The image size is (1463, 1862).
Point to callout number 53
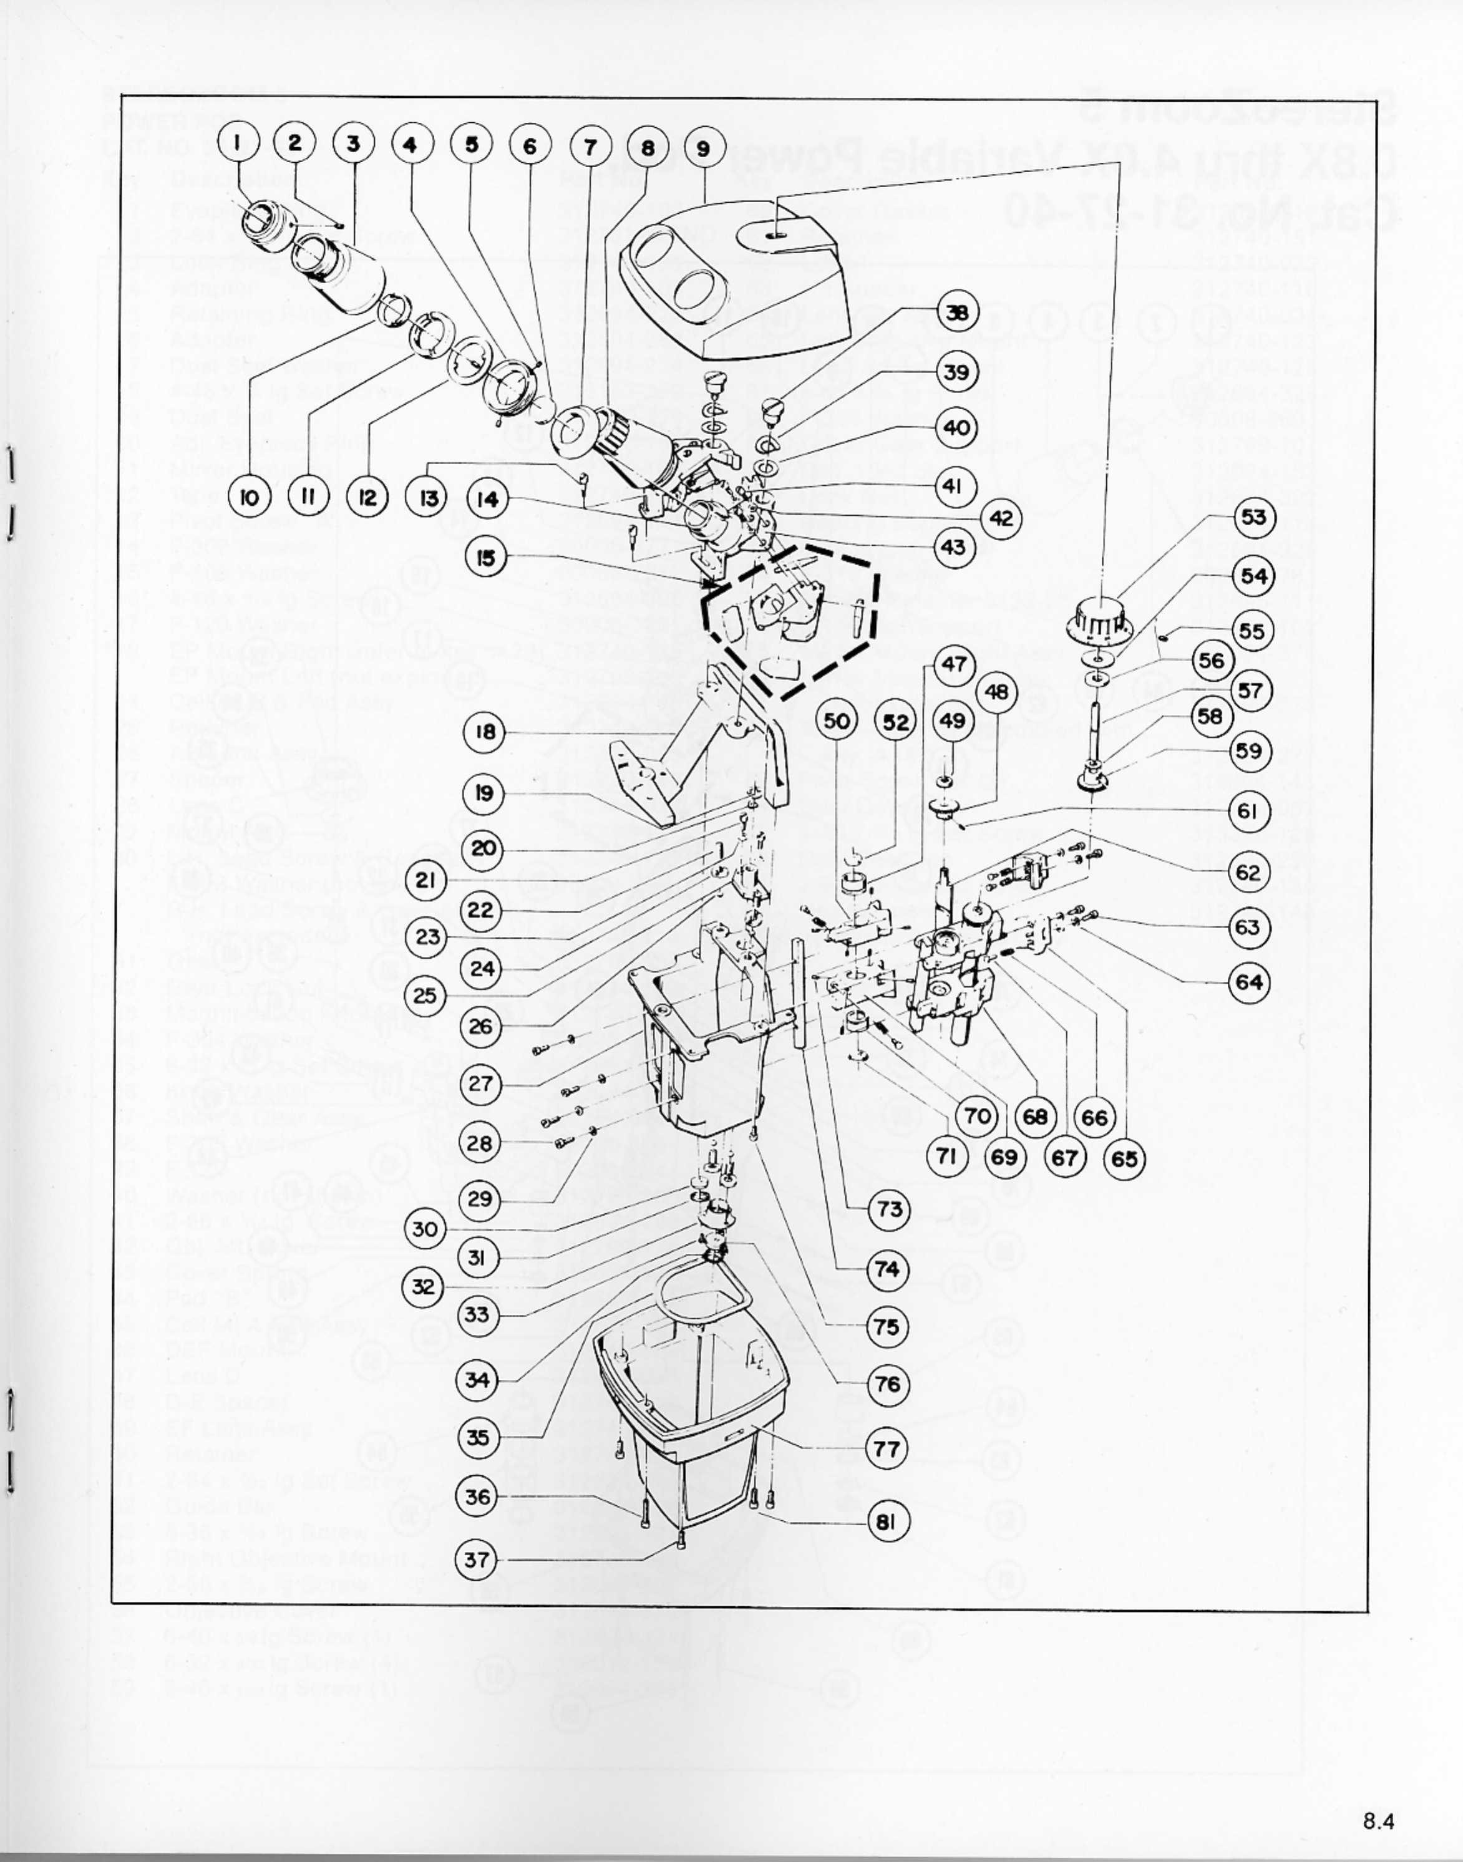coord(1254,517)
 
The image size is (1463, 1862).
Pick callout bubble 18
coord(485,732)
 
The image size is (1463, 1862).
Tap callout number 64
coord(1249,982)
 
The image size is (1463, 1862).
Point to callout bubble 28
coord(480,1143)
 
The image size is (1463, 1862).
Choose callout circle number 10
coord(250,498)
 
